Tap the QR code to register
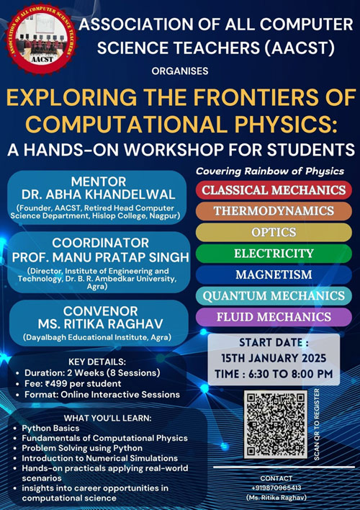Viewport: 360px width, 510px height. [276, 424]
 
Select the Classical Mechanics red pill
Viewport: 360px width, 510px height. [273, 191]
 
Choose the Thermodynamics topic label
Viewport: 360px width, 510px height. [273, 212]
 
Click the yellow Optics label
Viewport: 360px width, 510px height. [273, 233]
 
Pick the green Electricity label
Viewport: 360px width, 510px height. [273, 254]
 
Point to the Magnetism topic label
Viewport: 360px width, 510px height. [273, 274]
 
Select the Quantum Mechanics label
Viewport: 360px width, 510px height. [273, 295]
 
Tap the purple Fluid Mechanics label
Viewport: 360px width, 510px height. [273, 316]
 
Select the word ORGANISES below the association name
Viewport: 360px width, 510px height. [180, 71]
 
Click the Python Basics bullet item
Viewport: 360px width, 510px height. [50, 429]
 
